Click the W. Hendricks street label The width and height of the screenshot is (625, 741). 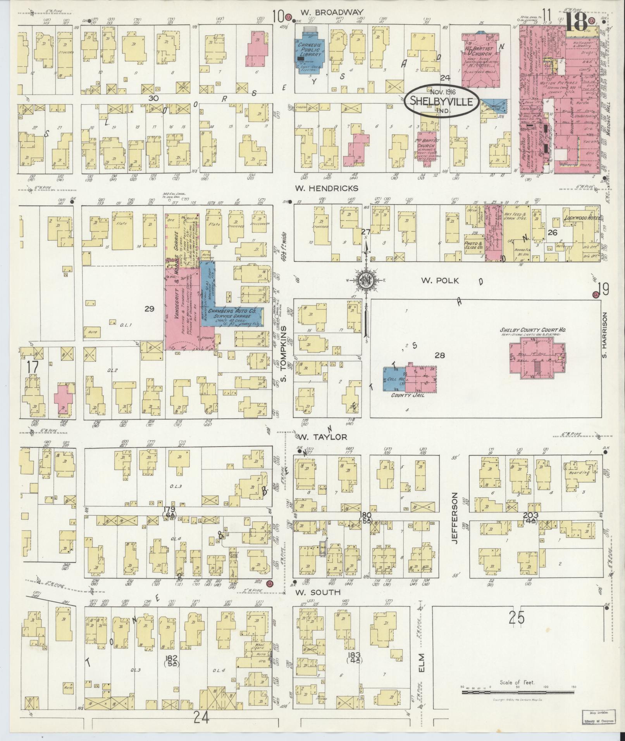click(327, 188)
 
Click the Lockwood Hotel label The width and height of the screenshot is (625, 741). click(581, 218)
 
